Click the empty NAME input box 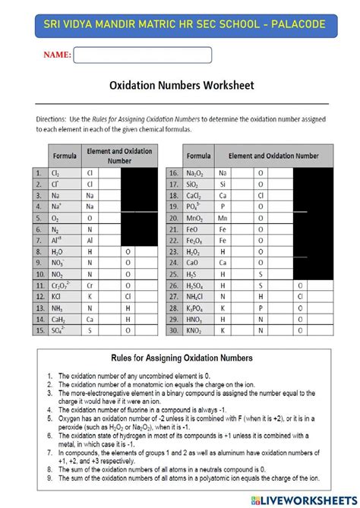(x=143, y=55)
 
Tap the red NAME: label (x=57, y=55)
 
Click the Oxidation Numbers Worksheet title (x=182, y=86)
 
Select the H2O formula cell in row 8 (x=58, y=251)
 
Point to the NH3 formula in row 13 (x=58, y=308)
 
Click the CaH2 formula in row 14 (x=58, y=320)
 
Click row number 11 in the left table (x=38, y=286)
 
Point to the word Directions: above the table (x=51, y=118)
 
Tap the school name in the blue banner (x=180, y=24)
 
